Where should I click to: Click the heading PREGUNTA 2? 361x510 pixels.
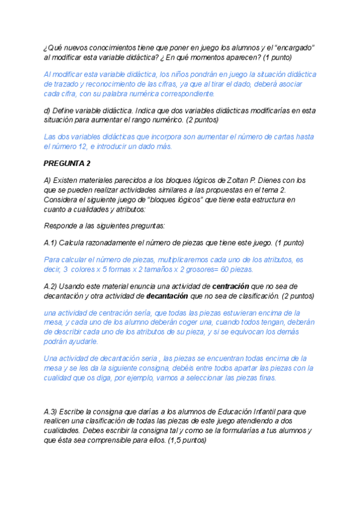pyautogui.click(x=67, y=163)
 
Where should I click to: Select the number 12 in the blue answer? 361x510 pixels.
pyautogui.click(x=90, y=146)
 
